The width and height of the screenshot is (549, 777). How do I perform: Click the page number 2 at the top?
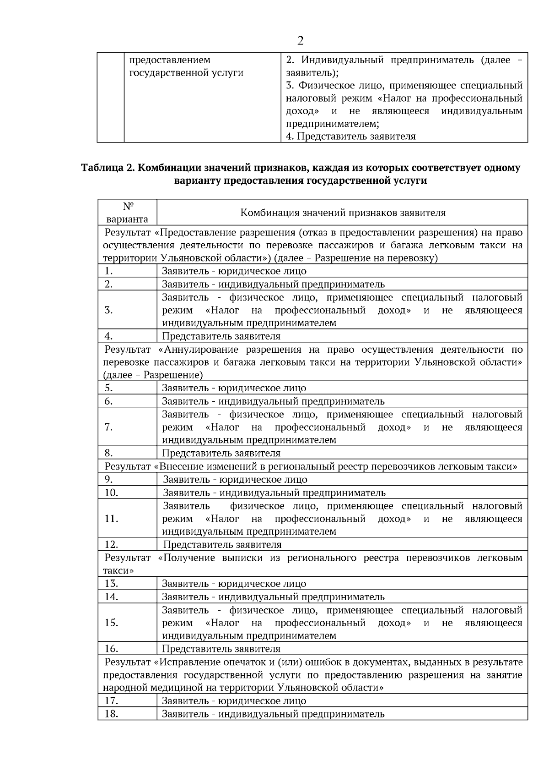coord(300,41)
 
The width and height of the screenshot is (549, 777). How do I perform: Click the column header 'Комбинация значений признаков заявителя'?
coord(343,213)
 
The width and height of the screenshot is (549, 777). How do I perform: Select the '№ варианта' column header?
coord(127,213)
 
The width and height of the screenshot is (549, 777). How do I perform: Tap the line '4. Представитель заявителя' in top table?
coord(350,136)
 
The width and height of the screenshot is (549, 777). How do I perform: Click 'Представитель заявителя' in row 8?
coord(221,453)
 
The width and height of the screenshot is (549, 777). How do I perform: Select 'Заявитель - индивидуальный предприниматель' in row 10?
coord(274,493)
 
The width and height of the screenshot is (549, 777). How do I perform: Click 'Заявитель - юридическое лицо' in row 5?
coord(234,388)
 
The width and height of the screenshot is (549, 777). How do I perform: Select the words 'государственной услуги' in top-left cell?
coord(186,73)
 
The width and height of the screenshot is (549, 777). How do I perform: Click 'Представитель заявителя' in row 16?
coord(221,649)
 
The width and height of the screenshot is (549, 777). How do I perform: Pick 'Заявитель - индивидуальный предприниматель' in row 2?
coord(273,284)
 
